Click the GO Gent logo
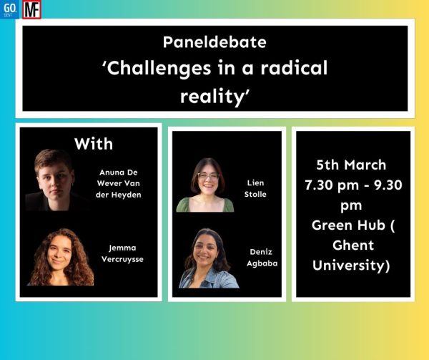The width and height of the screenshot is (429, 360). [x=9, y=9]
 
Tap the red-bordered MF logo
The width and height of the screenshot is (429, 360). [x=31, y=9]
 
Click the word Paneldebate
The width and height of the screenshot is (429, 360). [x=214, y=42]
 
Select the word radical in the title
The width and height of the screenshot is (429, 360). [x=294, y=68]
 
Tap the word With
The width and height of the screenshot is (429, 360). [x=94, y=144]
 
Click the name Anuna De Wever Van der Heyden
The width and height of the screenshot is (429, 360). [x=119, y=183]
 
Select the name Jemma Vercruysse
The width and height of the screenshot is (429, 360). [x=122, y=253]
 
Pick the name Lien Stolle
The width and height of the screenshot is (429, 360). [x=255, y=188]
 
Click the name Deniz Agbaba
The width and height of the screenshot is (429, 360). [x=262, y=258]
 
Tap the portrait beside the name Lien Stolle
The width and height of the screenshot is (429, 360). [x=205, y=185]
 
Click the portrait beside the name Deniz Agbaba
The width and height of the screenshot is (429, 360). [x=209, y=258]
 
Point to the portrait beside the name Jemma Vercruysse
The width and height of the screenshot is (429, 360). [x=61, y=257]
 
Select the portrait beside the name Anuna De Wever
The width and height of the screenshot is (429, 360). [x=55, y=180]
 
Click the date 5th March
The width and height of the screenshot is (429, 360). [x=351, y=165]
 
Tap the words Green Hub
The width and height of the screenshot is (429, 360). [x=349, y=225]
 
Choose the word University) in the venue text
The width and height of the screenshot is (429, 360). [x=351, y=266]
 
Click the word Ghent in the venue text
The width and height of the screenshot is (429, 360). [x=353, y=245]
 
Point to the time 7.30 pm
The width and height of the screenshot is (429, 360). [x=332, y=185]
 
